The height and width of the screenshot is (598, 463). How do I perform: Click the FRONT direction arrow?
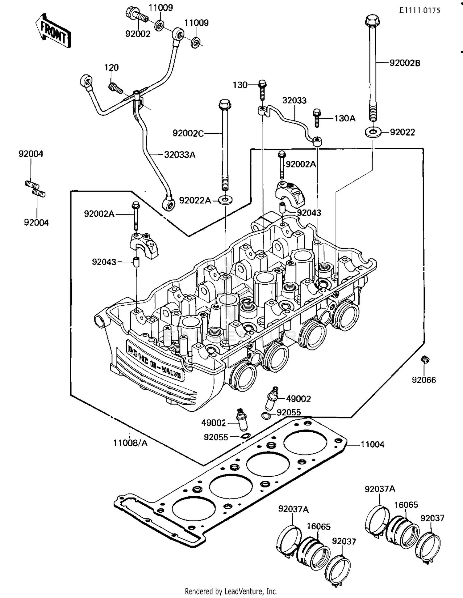[53, 31]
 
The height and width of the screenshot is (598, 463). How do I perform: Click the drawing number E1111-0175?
[419, 11]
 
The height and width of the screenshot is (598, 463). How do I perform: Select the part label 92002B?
[405, 63]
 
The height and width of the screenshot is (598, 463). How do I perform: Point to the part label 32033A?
[180, 155]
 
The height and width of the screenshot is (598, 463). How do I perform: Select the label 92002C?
[188, 134]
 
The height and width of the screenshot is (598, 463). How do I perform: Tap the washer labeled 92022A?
[226, 200]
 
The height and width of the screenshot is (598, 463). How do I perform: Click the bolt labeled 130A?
[317, 118]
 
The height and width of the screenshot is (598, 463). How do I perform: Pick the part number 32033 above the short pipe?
[294, 100]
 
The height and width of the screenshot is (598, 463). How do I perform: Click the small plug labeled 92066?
[425, 360]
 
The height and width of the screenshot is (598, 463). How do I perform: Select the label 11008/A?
[130, 443]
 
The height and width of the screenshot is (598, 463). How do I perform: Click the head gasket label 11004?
[372, 444]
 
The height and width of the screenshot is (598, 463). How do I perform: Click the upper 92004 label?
[31, 154]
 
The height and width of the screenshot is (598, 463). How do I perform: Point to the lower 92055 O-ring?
[246, 436]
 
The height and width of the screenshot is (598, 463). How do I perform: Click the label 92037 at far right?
[432, 518]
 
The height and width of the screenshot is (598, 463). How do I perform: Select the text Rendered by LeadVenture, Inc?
[231, 591]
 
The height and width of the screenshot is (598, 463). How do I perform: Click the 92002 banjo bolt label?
[138, 34]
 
